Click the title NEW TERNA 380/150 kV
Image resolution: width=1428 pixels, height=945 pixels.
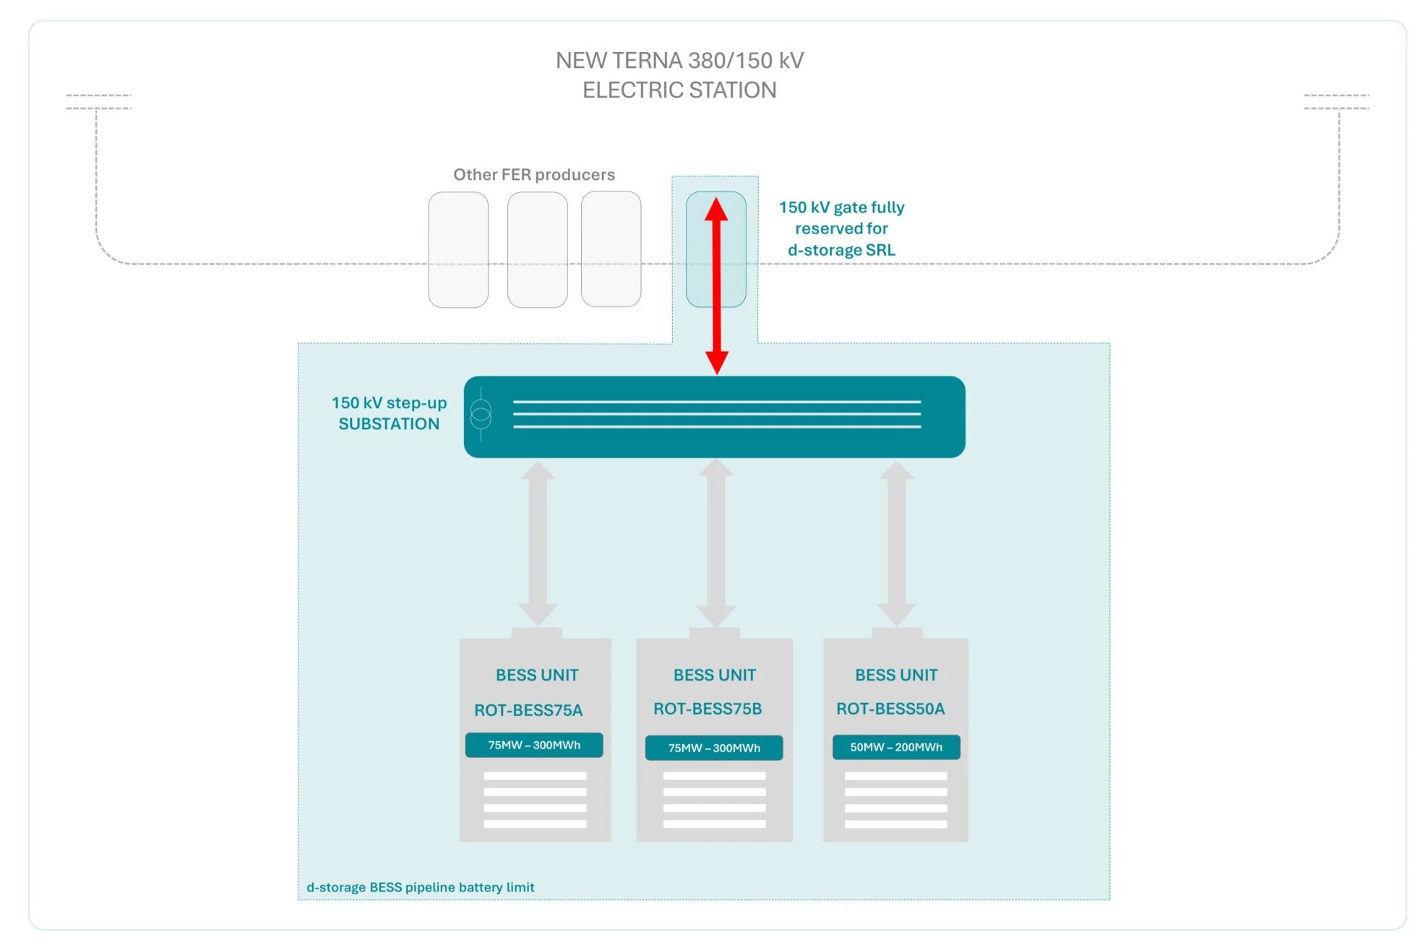(679, 60)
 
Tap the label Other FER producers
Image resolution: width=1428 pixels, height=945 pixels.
(534, 174)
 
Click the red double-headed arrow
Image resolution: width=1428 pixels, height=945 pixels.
(716, 285)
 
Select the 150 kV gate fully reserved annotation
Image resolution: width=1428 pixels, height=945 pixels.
(842, 228)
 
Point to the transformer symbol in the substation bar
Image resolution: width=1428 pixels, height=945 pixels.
(481, 414)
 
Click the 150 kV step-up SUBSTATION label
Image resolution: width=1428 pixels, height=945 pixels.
(389, 413)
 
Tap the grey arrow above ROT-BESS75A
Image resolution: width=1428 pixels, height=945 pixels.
(538, 543)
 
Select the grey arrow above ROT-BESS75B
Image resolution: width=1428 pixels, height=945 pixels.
(716, 543)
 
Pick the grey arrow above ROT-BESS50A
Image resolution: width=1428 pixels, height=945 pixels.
(897, 543)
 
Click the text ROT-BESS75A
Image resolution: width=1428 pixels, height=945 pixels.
(528, 710)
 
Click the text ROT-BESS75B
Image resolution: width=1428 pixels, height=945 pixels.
(707, 709)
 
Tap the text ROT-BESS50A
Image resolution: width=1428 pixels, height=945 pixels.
(890, 709)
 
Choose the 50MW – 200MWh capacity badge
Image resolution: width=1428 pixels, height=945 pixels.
(896, 747)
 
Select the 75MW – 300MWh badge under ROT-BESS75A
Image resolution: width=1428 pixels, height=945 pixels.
(534, 745)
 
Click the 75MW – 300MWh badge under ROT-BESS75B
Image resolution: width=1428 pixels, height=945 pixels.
(714, 748)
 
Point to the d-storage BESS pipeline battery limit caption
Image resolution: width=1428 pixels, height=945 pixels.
(421, 887)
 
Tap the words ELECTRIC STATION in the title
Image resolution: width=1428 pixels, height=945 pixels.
(679, 90)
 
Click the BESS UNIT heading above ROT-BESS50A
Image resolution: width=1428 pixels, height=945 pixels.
(896, 675)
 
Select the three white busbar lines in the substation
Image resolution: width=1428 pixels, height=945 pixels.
(717, 414)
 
